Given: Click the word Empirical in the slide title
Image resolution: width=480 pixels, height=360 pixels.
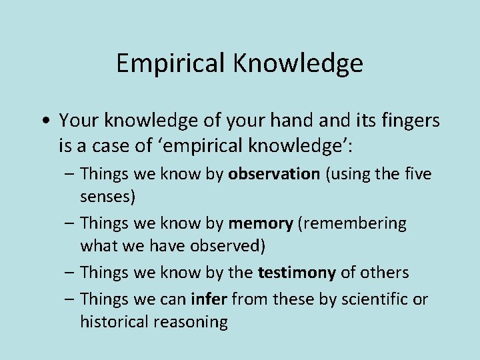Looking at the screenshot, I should [171, 63].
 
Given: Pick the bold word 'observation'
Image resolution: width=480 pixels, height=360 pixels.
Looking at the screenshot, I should [274, 174].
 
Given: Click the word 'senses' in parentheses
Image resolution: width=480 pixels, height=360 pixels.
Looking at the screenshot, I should [107, 197].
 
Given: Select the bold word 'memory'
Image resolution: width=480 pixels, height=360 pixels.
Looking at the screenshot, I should [260, 223].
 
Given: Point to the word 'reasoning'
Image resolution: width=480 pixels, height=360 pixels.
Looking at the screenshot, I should [193, 322].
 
